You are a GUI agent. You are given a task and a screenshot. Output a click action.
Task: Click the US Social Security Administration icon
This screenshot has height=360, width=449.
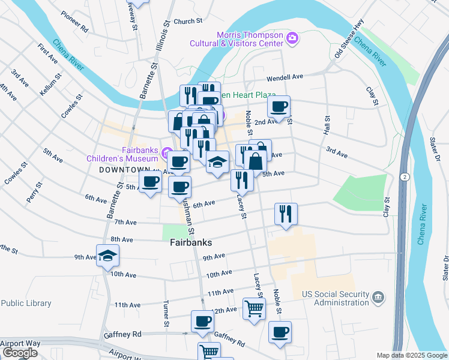pyautogui.click(x=378, y=298)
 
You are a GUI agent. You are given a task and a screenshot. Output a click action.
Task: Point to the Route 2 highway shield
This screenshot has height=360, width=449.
pyautogui.click(x=405, y=176)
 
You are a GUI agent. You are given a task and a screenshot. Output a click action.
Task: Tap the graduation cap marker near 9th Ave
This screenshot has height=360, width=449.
pyautogui.click(x=108, y=256)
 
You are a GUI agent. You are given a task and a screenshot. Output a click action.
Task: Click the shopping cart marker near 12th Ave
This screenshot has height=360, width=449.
pyautogui.click(x=255, y=308)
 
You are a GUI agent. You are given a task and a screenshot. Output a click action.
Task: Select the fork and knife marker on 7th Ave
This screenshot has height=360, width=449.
pyautogui.click(x=285, y=213)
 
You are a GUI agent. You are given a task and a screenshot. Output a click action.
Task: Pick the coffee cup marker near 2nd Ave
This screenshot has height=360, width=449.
pyautogui.click(x=279, y=107)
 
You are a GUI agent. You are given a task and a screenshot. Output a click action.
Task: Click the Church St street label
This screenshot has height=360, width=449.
pyautogui.click(x=187, y=22)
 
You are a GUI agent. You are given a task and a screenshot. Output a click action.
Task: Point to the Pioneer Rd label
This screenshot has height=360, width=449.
pyautogui.click(x=75, y=28)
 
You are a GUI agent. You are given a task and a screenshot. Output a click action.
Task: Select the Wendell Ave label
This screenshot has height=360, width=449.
pyautogui.click(x=285, y=77)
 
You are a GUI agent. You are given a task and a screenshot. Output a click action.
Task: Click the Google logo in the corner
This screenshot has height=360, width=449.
pyautogui.click(x=20, y=353)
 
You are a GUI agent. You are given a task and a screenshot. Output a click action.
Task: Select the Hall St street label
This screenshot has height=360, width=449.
pyautogui.click(x=327, y=125)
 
